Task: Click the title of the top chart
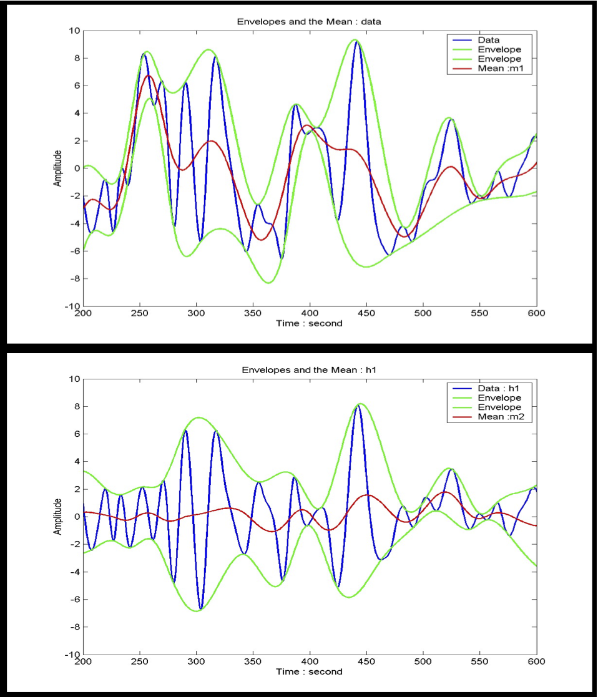pos(309,21)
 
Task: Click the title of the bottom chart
pos(309,369)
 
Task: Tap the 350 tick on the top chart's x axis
pos(253,314)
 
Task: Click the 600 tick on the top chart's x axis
pos(536,314)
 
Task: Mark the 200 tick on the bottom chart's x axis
pos(83,662)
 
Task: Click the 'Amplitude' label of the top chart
pos(57,168)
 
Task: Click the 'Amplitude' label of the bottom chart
pos(57,517)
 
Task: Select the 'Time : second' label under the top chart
pos(309,324)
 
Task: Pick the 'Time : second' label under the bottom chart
pos(309,672)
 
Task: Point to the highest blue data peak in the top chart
pos(356,42)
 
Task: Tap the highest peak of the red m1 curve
pos(149,76)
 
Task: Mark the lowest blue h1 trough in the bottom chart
pos(200,608)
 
